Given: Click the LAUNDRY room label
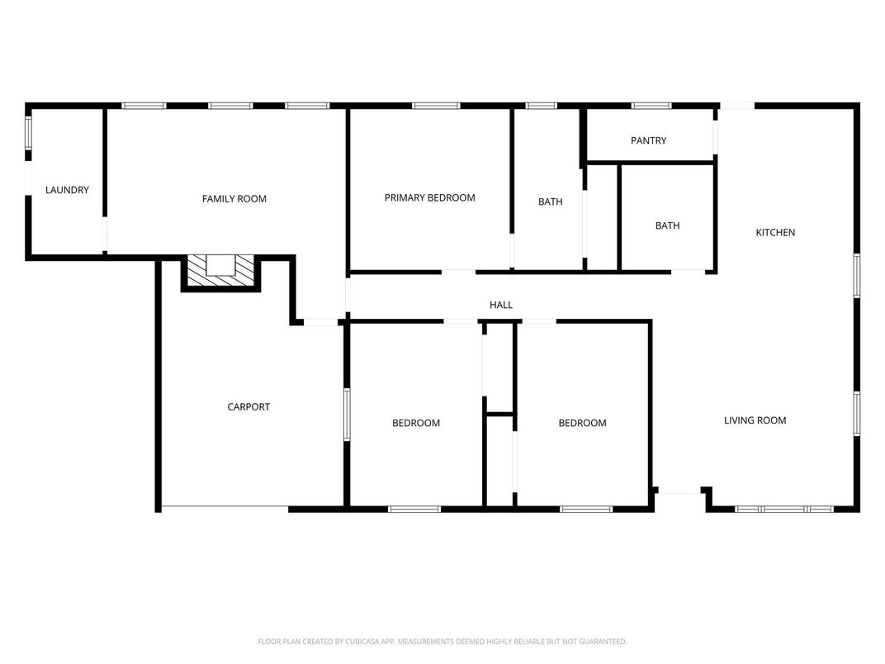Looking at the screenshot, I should [67, 190].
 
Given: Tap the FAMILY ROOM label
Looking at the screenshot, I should [234, 198].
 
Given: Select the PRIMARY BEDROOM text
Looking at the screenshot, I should [429, 197].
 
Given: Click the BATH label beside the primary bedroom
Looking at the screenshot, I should [550, 202].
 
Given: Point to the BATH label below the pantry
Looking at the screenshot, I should [667, 225].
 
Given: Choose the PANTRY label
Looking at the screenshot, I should [648, 140].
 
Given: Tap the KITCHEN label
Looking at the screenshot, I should [775, 232].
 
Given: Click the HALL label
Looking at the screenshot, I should [500, 305].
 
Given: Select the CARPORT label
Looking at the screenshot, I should [248, 406].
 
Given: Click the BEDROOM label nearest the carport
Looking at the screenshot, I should [415, 423].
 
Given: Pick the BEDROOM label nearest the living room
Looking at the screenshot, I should [582, 423].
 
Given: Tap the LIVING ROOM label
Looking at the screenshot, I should [755, 420].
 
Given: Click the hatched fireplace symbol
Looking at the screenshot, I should [220, 273].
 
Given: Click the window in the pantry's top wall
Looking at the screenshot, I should [651, 106].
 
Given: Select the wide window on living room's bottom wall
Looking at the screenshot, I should [783, 510].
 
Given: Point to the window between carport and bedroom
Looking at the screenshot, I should [347, 413].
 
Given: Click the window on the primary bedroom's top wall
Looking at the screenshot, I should [435, 106].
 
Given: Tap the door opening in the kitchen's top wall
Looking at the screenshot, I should [736, 106].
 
